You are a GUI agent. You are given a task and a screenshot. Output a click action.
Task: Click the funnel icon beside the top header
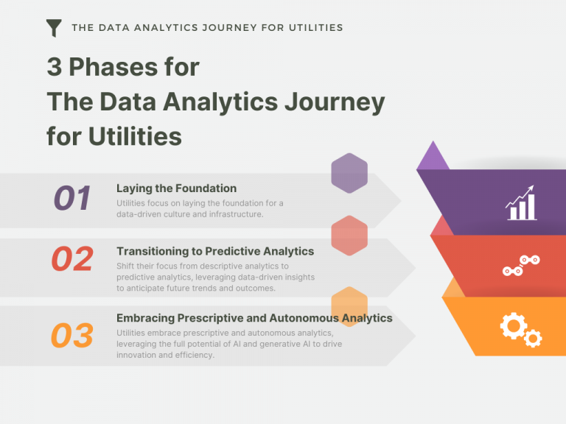(54, 28)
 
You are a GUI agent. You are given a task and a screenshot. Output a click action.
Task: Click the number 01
(72, 198)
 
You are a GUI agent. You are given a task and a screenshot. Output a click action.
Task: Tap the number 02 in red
(72, 259)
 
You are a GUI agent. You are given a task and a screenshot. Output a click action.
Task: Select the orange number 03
(72, 336)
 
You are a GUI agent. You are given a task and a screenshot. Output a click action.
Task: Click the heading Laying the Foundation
(176, 188)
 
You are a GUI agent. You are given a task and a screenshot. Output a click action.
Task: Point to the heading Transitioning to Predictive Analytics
(215, 251)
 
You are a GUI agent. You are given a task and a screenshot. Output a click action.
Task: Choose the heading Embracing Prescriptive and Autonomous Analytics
(254, 318)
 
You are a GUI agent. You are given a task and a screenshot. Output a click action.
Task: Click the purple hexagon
(349, 173)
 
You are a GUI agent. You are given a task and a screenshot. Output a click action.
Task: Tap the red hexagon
(349, 236)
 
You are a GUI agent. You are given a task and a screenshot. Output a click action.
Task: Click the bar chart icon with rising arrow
(521, 204)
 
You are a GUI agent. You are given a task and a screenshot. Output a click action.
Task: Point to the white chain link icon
(521, 265)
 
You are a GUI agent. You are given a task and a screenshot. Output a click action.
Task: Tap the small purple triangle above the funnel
(433, 156)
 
